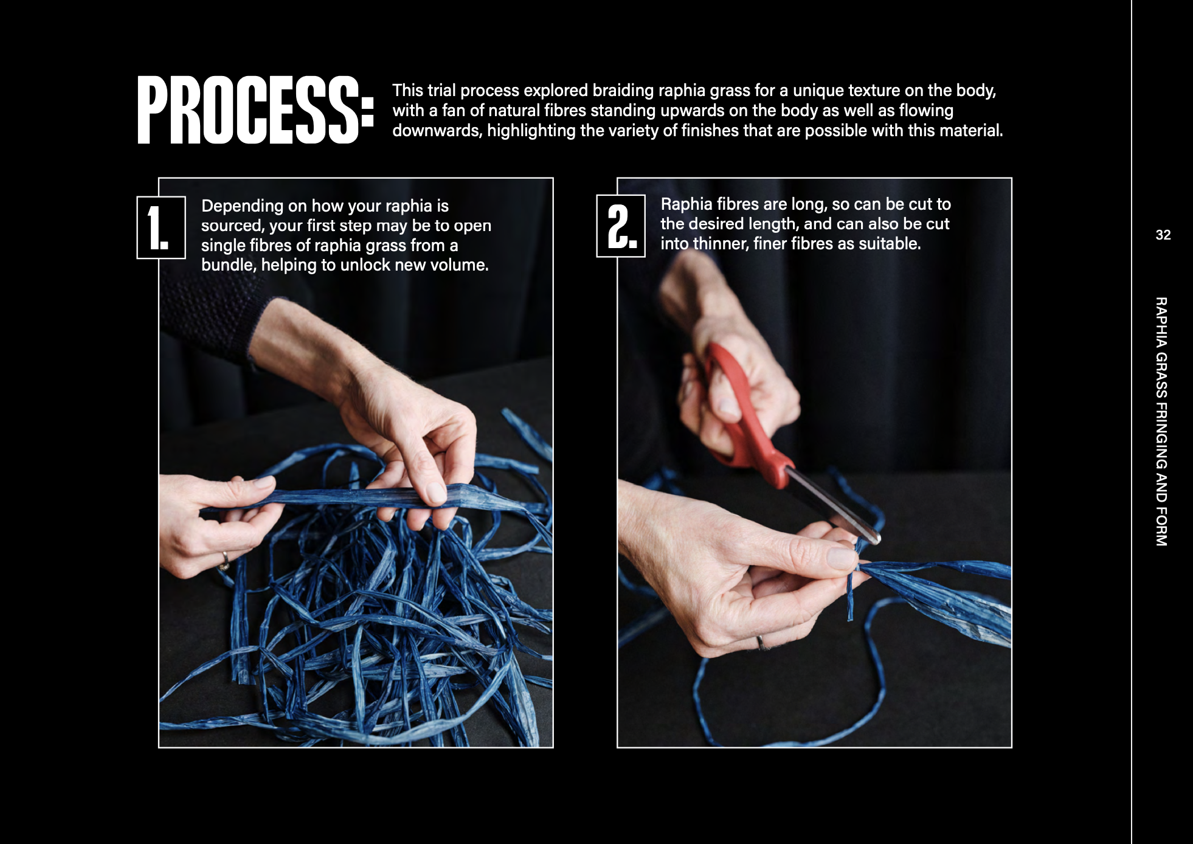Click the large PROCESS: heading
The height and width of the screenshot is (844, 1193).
255,110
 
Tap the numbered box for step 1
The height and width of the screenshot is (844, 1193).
161,227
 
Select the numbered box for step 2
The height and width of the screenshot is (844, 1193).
621,226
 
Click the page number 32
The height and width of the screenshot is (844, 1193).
1163,235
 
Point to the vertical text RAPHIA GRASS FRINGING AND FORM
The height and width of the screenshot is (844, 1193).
1161,421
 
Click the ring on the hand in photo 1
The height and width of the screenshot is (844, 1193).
225,560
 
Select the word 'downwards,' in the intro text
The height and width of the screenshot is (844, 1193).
437,131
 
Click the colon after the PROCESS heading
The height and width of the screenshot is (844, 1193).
367,110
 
